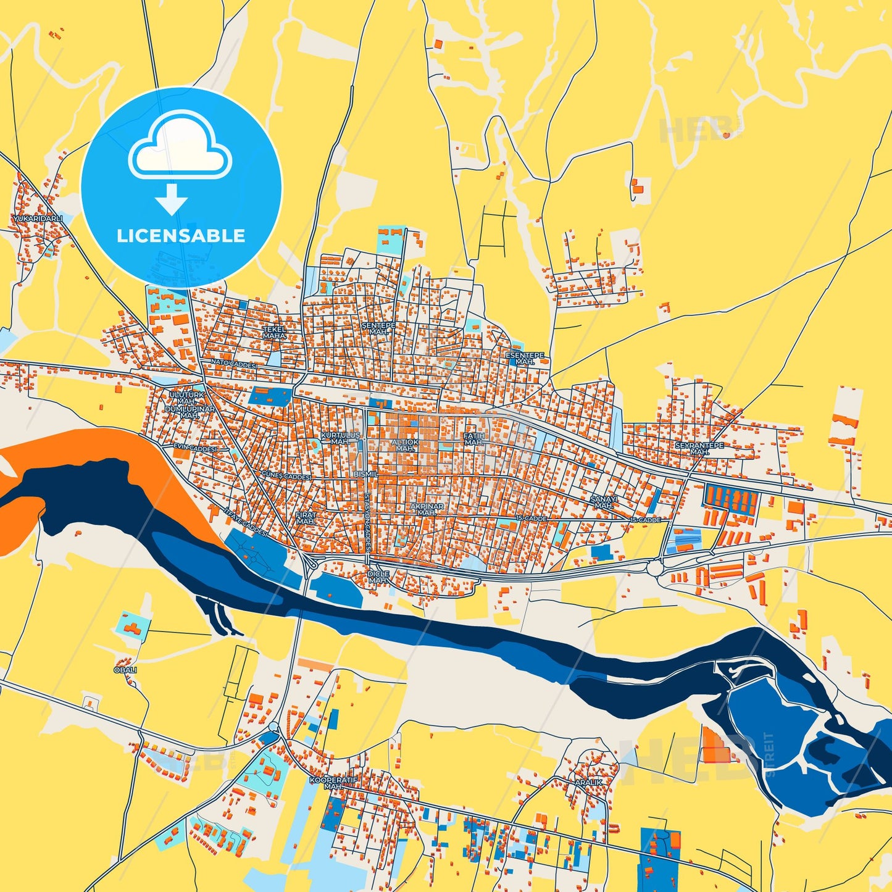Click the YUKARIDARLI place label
tap(38, 219)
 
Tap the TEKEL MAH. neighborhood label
tap(275, 333)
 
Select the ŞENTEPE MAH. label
tap(378, 328)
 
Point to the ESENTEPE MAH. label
tap(525, 359)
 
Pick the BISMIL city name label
tap(366, 474)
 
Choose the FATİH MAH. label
tap(474, 439)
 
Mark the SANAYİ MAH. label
tap(603, 502)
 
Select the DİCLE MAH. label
tap(378, 577)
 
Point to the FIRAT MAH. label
tap(306, 518)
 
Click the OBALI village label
tap(125, 670)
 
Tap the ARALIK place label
tap(588, 782)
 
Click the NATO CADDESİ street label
tap(233, 364)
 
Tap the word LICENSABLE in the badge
tap(181, 236)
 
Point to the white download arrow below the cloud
tap(172, 199)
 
